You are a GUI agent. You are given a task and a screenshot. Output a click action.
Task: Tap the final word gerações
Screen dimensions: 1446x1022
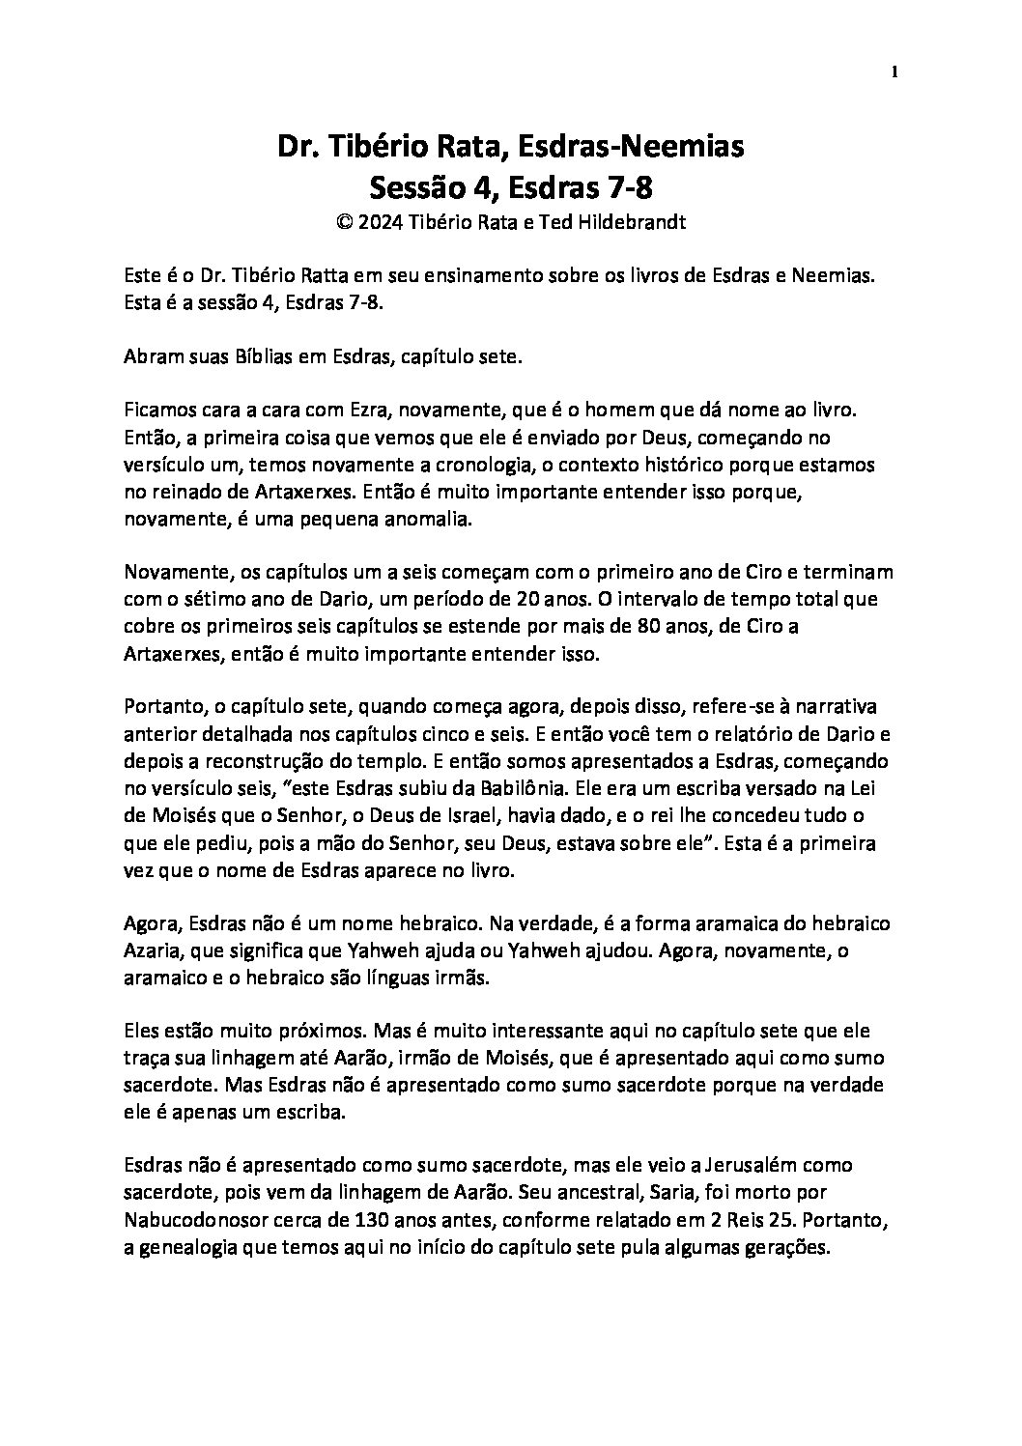coord(789,1247)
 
